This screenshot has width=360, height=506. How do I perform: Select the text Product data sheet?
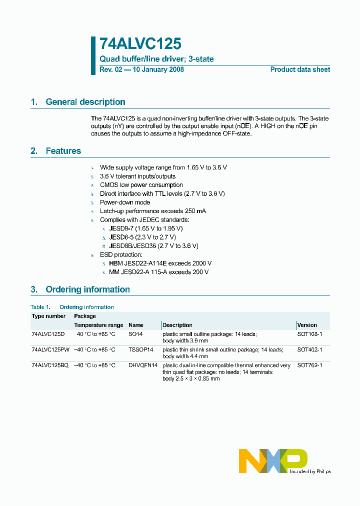300,69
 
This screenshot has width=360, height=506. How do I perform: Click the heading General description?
85,102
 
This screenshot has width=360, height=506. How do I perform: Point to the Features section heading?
63,151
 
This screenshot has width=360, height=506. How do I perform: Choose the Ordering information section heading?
87,289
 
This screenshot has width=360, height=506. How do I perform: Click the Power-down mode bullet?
125,202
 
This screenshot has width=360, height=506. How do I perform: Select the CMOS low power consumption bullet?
141,185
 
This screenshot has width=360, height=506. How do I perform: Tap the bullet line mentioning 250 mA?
153,211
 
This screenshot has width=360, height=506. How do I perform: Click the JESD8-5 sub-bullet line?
142,237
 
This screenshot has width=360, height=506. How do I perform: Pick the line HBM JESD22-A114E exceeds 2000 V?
160,263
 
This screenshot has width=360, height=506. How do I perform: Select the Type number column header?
48,316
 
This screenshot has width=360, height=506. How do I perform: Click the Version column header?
307,325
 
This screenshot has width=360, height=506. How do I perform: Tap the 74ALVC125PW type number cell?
51,349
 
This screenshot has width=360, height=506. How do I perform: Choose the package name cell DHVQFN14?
143,365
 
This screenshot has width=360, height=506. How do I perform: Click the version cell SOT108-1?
309,333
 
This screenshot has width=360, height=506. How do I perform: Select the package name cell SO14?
135,333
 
